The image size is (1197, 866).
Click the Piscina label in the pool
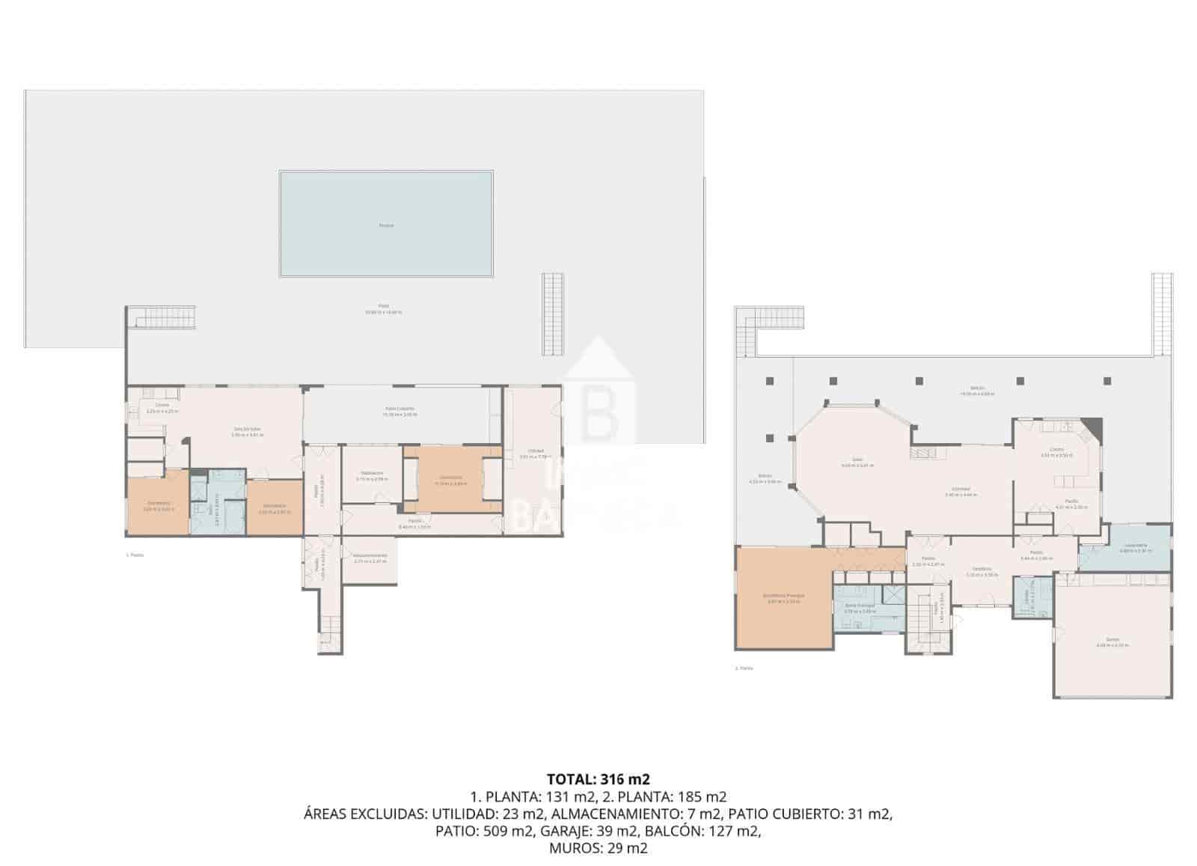point(386,225)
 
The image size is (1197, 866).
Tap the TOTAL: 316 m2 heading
point(593,779)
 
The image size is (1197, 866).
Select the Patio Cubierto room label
point(399,409)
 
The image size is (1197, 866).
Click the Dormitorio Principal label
point(783,596)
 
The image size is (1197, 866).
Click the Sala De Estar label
point(245,430)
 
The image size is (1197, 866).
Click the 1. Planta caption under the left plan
point(135,555)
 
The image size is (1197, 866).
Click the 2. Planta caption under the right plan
point(744,668)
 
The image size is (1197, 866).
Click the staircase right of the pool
point(551,314)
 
